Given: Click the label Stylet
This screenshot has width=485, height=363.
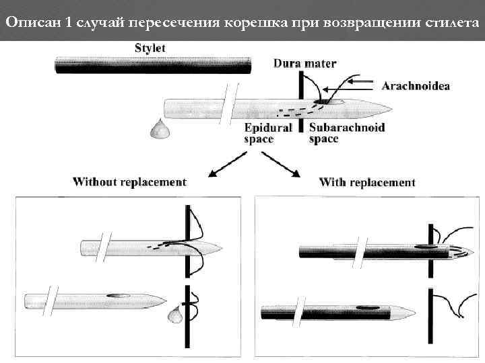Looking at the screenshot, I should click(150, 48).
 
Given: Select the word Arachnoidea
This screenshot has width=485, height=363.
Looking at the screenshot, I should click(416, 85).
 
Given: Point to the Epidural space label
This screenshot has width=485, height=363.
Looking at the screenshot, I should click(268, 133).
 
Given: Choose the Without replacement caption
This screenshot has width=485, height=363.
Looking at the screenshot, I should click(129, 182).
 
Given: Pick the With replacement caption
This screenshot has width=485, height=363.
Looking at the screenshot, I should click(367, 182).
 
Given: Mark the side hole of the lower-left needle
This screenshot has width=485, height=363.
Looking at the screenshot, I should click(120, 294).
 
